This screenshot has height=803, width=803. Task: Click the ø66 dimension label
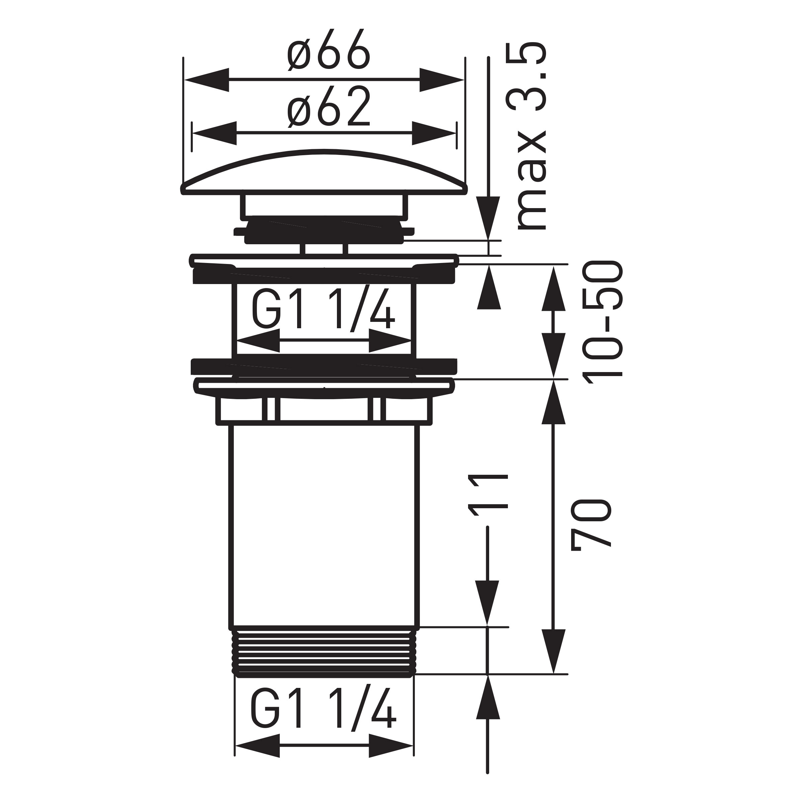click(328, 50)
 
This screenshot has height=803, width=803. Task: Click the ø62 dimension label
click(328, 107)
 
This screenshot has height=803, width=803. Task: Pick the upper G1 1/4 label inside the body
click(323, 309)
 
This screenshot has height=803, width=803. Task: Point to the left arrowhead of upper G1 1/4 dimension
click(258, 340)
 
